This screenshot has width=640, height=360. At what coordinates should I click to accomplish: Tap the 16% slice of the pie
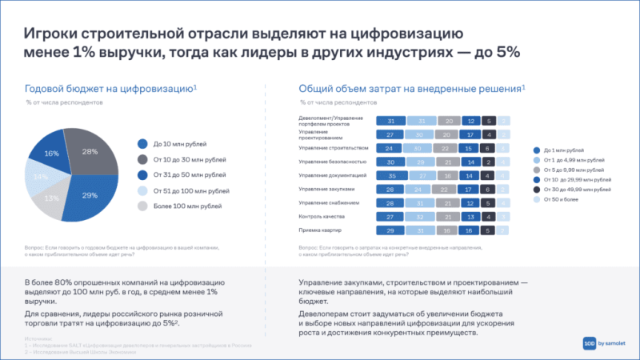pyautogui.click(x=53, y=153)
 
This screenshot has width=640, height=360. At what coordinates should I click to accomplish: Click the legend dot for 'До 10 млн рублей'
pyautogui.click(x=142, y=144)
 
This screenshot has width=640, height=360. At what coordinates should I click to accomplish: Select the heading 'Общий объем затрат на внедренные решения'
pyautogui.click(x=410, y=89)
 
